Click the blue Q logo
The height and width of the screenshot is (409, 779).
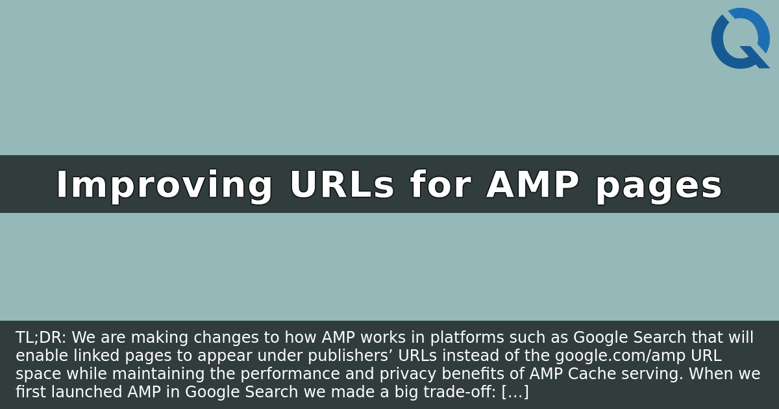[x=740, y=38]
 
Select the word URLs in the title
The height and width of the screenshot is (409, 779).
[x=341, y=186]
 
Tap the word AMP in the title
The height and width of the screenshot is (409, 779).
[x=532, y=186]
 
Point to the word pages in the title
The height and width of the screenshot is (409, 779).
[x=658, y=186]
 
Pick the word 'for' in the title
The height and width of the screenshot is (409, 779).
[x=440, y=186]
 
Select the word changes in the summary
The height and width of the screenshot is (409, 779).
[x=209, y=338]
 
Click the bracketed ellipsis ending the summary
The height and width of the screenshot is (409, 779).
[x=515, y=392]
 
